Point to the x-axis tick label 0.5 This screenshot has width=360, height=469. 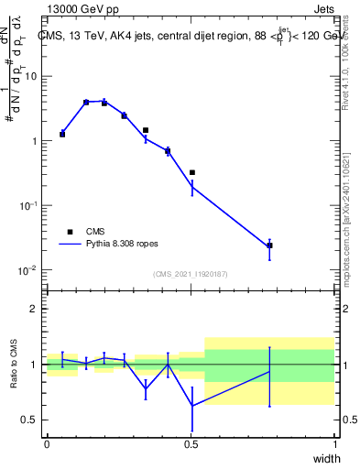click(x=191, y=444)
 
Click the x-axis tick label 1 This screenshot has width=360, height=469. click(x=334, y=444)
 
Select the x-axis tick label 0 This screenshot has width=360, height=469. click(x=47, y=444)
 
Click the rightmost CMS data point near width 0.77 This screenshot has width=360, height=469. click(x=269, y=245)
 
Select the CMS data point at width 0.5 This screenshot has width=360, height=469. click(x=191, y=172)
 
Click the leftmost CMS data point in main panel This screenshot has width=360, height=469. click(x=62, y=134)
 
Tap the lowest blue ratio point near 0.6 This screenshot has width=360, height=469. click(x=191, y=406)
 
